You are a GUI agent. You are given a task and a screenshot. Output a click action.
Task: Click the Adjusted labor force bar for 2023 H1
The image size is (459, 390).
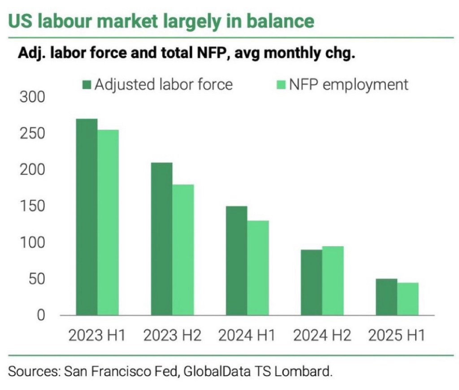[87, 217]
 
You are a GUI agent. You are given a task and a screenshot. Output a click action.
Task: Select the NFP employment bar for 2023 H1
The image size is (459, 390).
[108, 222]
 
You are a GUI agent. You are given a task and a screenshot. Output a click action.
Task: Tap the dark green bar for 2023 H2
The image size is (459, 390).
[161, 238]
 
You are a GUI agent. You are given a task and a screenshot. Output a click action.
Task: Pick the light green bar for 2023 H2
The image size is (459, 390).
[183, 250]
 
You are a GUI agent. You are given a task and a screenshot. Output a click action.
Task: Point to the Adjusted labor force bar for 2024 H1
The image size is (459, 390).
[236, 260]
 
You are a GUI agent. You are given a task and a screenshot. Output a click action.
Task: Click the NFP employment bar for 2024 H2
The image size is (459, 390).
[333, 281]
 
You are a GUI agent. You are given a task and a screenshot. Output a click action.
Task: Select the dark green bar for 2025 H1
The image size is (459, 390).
[386, 297]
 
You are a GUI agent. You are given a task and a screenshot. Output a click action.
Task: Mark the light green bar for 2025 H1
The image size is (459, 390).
[407, 299]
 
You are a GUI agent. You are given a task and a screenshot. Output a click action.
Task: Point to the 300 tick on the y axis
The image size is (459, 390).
[32, 97]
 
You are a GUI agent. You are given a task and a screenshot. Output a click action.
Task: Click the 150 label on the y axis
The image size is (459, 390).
[32, 206]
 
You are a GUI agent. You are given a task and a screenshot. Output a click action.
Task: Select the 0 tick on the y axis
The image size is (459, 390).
[40, 316]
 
